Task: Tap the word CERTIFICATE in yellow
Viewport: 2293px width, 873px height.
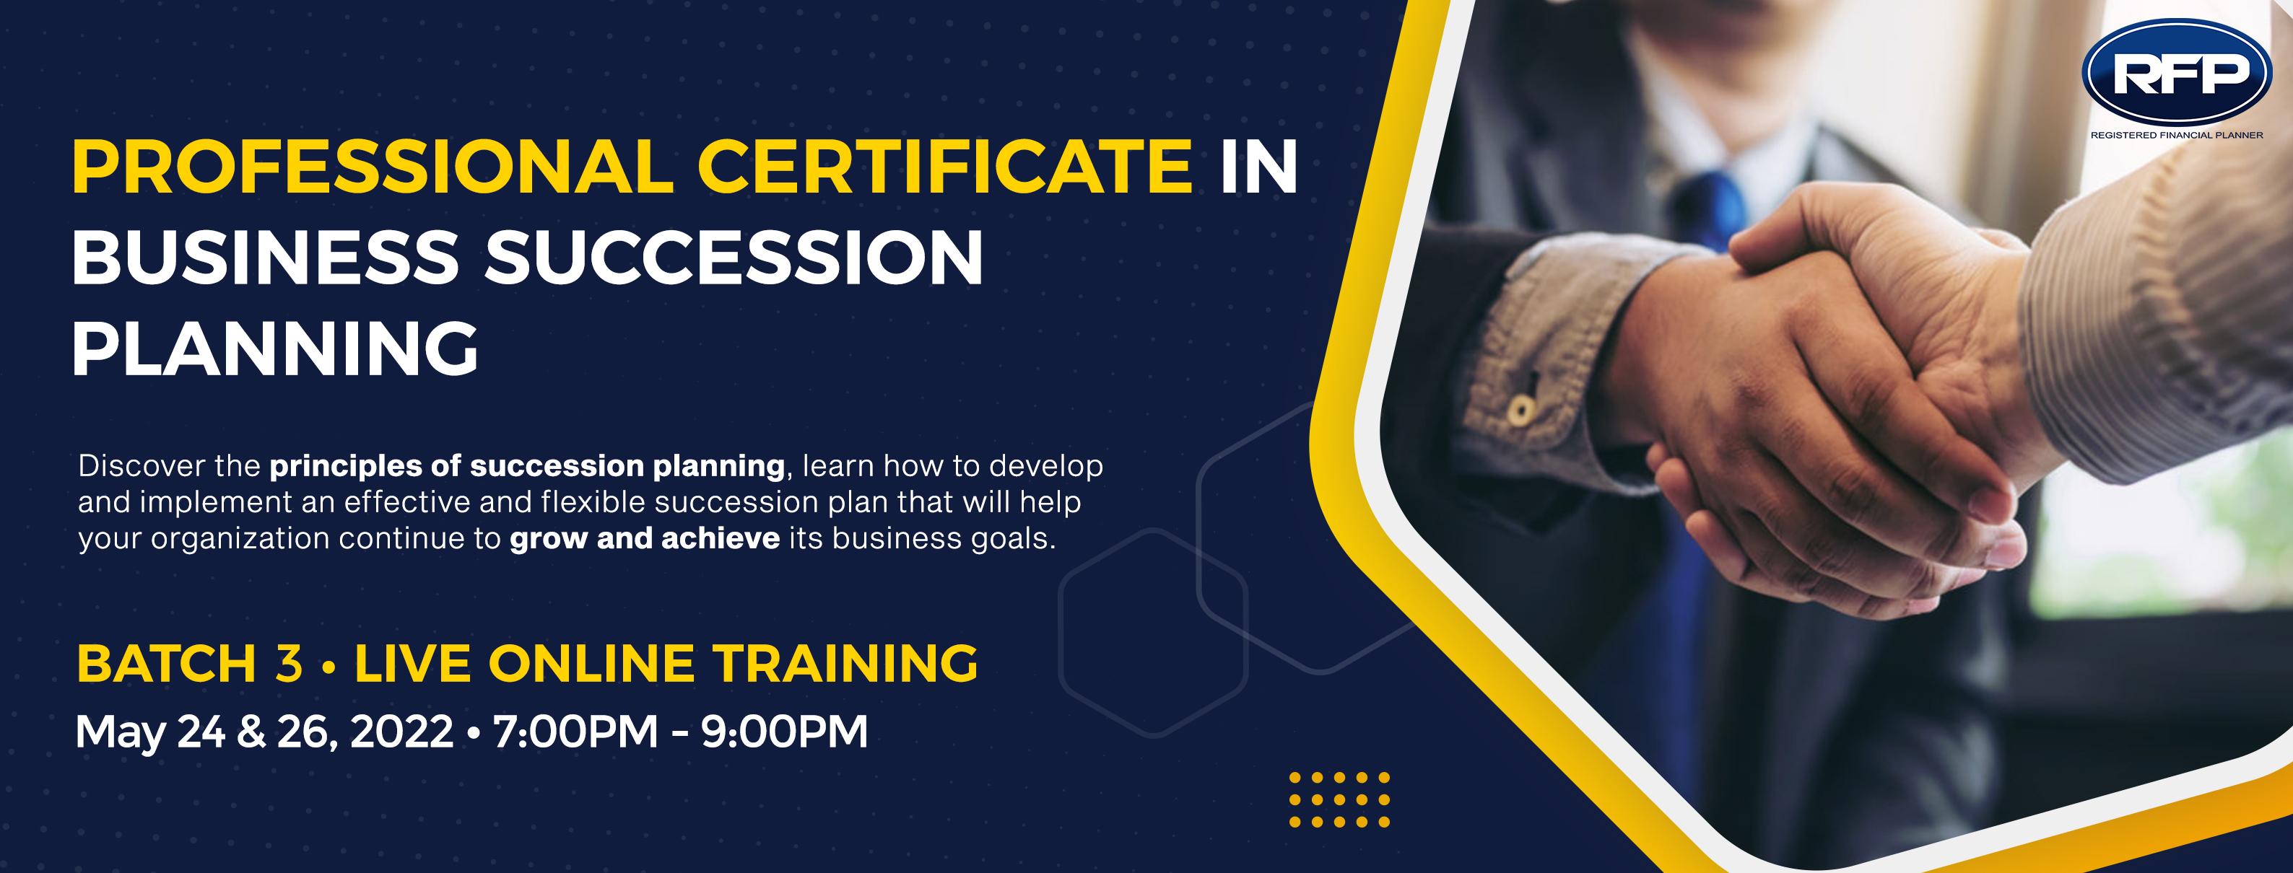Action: [x=944, y=167]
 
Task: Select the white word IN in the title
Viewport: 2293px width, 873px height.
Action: [x=1258, y=167]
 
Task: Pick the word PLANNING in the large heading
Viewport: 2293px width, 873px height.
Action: [x=275, y=349]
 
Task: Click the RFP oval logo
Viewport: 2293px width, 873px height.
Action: [x=2176, y=72]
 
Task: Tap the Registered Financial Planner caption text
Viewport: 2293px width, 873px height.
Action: [x=2176, y=135]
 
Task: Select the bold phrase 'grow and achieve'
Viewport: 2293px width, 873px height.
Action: [x=645, y=539]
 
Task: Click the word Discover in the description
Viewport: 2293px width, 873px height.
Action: [x=142, y=465]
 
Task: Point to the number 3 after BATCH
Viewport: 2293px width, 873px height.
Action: [x=288, y=664]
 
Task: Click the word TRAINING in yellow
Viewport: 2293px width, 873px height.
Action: [x=845, y=664]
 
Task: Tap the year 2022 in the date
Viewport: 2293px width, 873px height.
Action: [x=401, y=732]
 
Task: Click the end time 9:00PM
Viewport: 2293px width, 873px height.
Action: [x=784, y=732]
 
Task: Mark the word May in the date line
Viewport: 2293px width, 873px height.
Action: [x=120, y=733]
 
